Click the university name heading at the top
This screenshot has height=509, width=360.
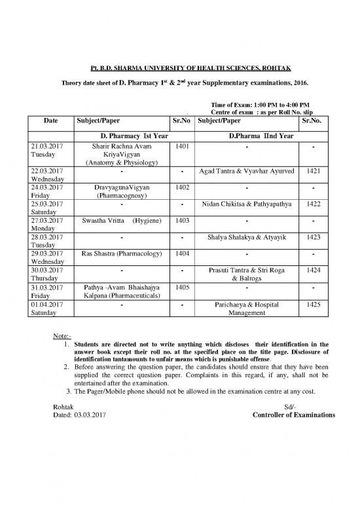pos(180,68)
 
